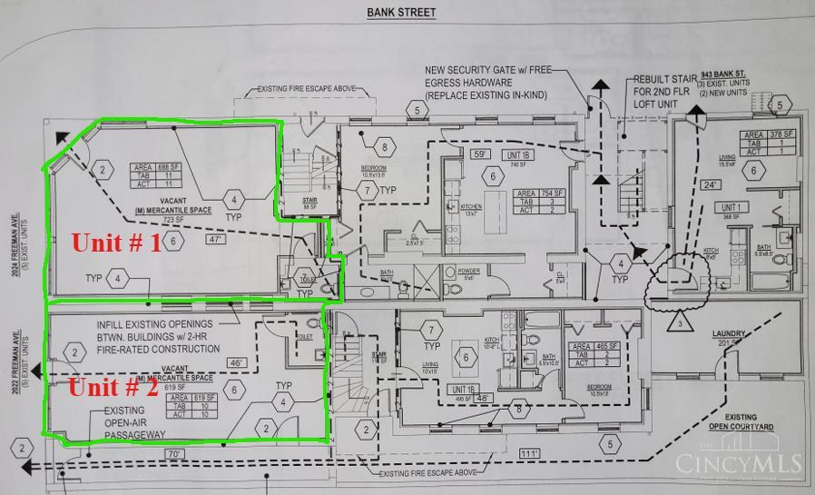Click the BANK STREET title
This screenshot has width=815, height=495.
tap(401, 13)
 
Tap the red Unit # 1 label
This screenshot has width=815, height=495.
tap(116, 243)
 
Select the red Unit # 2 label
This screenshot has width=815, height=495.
tap(114, 387)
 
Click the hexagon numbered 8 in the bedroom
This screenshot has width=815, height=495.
tap(385, 146)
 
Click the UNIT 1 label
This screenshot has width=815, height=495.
tap(707, 207)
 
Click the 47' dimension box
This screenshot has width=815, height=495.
tap(216, 240)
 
